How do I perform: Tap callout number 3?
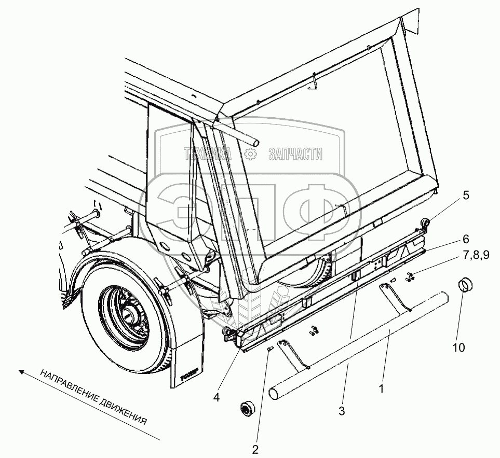[x=341, y=411]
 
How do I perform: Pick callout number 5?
[x=466, y=196]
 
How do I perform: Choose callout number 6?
[x=466, y=239]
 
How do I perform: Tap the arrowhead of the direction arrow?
[x=20, y=371]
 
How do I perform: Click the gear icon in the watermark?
[x=249, y=154]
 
